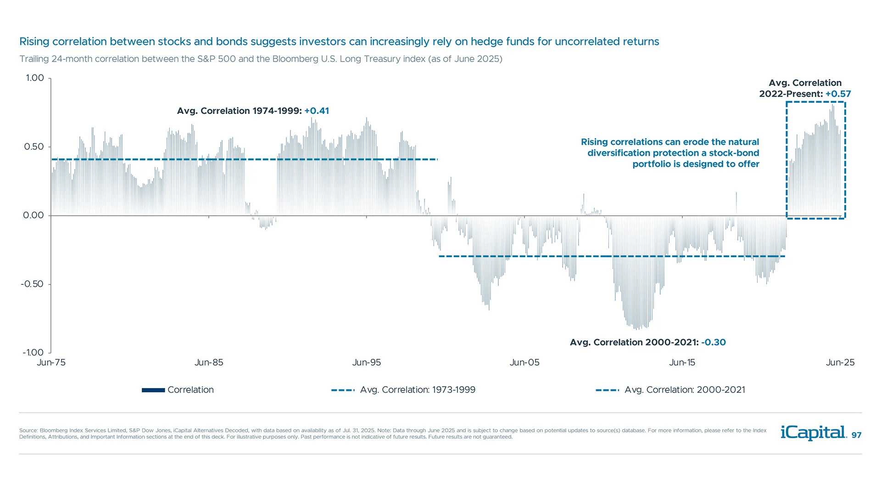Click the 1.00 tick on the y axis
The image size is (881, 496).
coord(35,78)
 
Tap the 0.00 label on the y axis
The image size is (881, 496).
coord(33,215)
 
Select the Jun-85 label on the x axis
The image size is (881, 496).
coord(209,362)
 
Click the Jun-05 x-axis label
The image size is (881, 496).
coord(524,362)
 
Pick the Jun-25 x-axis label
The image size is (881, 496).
coord(840,362)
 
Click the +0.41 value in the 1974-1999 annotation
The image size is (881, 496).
coord(317,111)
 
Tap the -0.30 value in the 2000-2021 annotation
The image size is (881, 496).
coord(714,342)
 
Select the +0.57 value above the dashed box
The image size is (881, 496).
coord(838,94)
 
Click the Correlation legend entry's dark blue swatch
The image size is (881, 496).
coord(153,390)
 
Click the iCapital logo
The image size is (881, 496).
coord(814,433)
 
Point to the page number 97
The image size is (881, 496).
coord(856,435)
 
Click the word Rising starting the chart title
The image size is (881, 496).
coord(34,42)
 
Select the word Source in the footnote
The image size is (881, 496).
coord(28,430)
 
